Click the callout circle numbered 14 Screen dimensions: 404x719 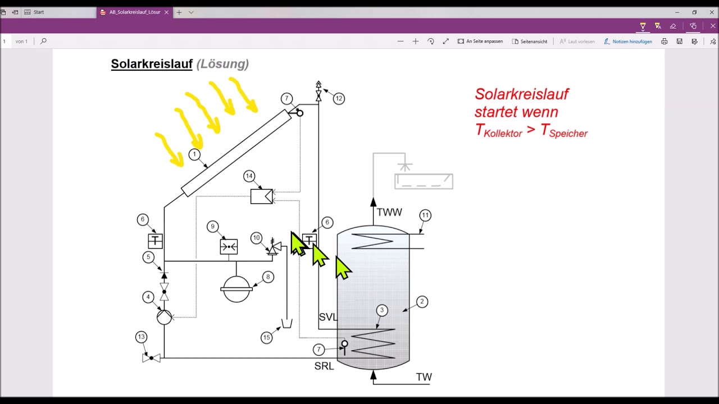pos(249,177)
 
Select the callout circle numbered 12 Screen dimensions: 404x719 pos(338,99)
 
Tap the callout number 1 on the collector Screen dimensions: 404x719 pos(194,154)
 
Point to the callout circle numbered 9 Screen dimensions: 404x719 pos(212,227)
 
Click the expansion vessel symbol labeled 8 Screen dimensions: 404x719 pos(236,288)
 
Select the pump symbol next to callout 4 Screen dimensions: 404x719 pos(164,317)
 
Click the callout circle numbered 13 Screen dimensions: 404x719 pos(141,337)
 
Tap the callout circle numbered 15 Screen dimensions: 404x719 pos(267,337)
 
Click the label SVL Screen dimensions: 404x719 pos(327,317)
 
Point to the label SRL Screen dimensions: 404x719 pos(324,366)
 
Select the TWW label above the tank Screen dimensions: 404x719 pos(389,213)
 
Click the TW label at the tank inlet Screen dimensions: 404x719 pos(424,377)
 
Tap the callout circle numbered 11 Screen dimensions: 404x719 pos(425,215)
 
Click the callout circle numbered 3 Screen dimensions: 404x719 pos(382,310)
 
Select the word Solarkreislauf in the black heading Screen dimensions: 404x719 pos(152,64)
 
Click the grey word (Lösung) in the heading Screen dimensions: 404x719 pos(222,64)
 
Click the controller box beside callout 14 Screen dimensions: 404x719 pos(261,196)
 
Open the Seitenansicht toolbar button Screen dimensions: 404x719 pos(530,42)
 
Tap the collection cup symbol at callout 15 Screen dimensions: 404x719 pos(286,324)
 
